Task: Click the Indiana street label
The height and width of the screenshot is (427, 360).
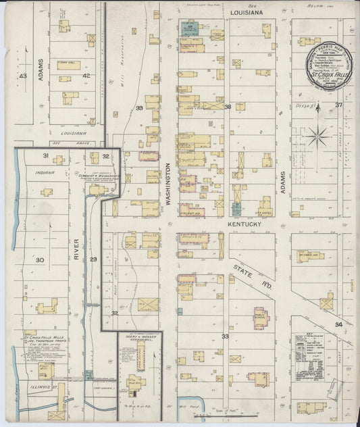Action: [x=45, y=172]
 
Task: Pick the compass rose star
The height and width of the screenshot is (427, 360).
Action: [x=315, y=137]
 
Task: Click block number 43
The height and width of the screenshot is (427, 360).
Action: [x=23, y=76]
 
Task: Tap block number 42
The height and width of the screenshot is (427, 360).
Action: [x=86, y=76]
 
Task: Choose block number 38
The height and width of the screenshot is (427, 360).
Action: [x=228, y=107]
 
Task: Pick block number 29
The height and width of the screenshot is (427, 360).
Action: [x=93, y=259]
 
